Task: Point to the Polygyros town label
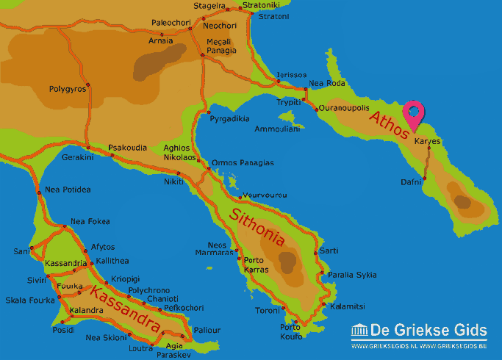coord(68,89)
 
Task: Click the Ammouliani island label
coord(277,129)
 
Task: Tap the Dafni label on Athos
coord(412,181)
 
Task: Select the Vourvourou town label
coord(265,195)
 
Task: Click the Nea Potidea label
coord(68,190)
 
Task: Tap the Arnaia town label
coord(162,40)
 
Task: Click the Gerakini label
coord(78,157)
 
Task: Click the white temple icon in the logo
coord(359,331)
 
